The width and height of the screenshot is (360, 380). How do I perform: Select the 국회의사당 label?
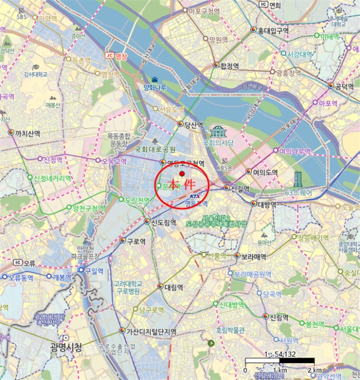[x=218, y=143]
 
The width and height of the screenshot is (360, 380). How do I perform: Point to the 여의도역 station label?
[x=266, y=172]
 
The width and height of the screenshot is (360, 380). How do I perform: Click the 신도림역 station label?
[x=163, y=222]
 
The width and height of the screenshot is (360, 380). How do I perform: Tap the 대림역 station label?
[x=174, y=287]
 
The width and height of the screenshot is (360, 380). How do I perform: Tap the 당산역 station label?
[x=194, y=125]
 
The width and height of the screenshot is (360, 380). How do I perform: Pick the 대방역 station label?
[x=268, y=205]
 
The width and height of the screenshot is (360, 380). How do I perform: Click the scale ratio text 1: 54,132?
[x=280, y=354]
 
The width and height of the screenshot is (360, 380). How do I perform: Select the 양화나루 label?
[x=155, y=88]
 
